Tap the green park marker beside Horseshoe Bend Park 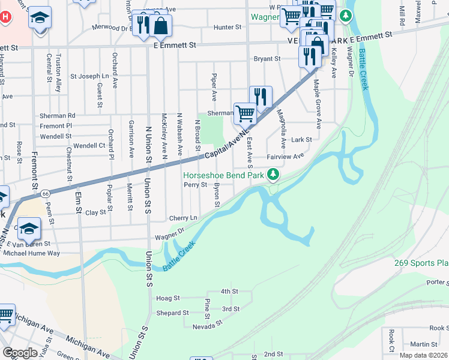(x=273, y=175)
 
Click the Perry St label (x=196, y=185)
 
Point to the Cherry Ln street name (x=183, y=218)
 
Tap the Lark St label (x=301, y=139)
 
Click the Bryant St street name (x=267, y=59)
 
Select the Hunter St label (x=228, y=27)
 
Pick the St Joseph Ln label (x=89, y=76)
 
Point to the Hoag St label (x=167, y=298)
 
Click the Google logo (x=20, y=353)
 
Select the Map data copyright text (x=424, y=355)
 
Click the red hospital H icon (x=5, y=17)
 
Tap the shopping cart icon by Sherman (x=244, y=112)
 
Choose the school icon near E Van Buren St (x=29, y=228)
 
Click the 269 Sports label (x=421, y=263)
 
